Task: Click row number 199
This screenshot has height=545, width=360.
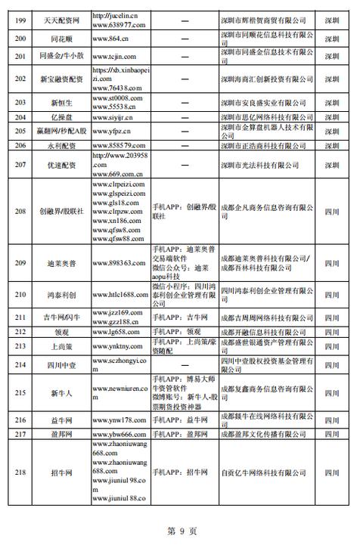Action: (20, 16)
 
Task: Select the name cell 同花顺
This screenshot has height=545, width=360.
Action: (61, 37)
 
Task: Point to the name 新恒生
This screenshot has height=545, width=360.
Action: (61, 102)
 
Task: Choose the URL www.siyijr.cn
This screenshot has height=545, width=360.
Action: (113, 117)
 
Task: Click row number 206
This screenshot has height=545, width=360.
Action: (20, 145)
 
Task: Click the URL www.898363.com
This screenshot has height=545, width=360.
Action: (119, 262)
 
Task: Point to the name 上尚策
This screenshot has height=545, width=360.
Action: (61, 347)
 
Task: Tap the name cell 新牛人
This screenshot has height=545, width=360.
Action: (61, 393)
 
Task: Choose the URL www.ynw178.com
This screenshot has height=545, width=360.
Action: (118, 420)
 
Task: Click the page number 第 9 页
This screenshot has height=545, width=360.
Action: (181, 531)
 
